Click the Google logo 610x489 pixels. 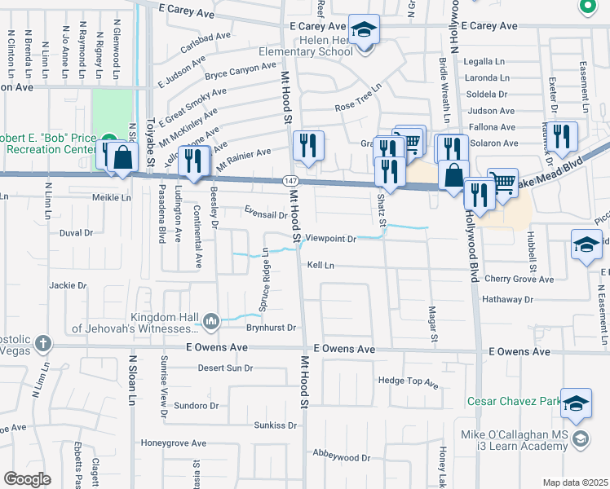(27, 479)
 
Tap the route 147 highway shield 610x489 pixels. (290, 180)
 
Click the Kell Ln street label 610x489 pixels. (320, 266)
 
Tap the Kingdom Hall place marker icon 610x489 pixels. (210, 321)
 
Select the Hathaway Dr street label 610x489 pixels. (506, 299)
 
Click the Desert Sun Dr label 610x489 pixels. (225, 368)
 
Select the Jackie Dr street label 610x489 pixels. (68, 285)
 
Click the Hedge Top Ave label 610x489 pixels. (409, 381)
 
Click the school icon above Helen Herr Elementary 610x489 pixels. (365, 29)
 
